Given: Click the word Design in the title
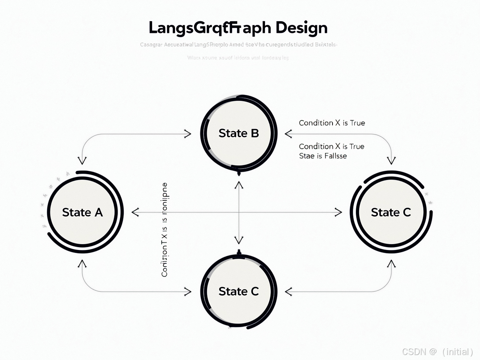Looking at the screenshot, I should pos(301,28).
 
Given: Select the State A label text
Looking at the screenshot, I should pos(82,212).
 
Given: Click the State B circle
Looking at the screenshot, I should pos(239,133).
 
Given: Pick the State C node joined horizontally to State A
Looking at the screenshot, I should pos(391,212).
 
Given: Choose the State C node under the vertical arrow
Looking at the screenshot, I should pos(239,291).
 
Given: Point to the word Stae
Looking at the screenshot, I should pos(307,156).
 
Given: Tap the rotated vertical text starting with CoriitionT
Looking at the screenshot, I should pos(165,230).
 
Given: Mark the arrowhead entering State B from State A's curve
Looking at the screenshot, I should pos(188,134).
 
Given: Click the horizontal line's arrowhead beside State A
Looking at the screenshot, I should pos(135,212).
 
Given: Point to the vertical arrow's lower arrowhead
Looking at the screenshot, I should pos(239,240).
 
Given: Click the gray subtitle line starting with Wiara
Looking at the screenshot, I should pos(238,58).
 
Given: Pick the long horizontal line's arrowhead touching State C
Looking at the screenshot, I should pos(338,212).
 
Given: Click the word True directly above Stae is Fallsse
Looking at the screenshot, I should pos(357,146).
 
